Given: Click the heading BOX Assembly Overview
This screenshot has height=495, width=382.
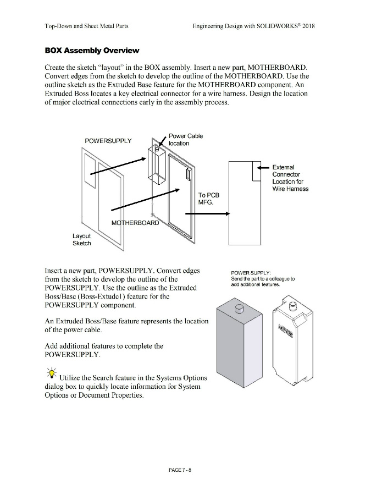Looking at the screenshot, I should (92, 51).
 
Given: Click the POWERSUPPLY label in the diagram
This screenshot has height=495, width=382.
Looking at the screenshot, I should (108, 141).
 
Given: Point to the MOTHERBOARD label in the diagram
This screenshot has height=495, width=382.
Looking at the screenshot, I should (135, 223).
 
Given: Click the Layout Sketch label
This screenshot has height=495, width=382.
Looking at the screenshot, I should (82, 239).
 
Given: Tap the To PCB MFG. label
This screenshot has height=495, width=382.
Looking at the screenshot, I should (209, 199).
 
